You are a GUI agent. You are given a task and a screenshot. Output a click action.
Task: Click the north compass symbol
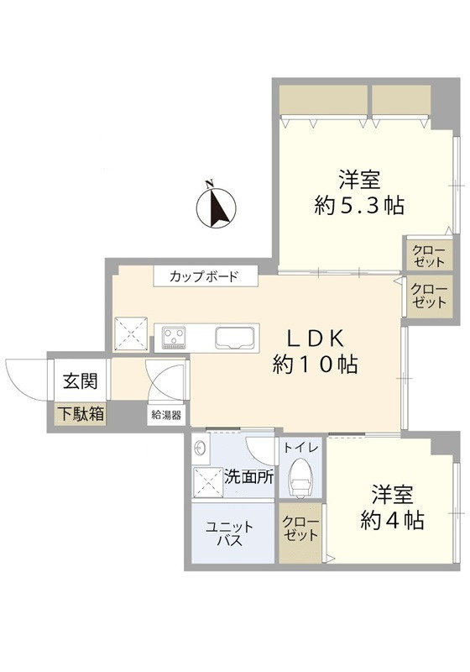216,208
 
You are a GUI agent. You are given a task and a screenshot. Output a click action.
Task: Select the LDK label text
315,339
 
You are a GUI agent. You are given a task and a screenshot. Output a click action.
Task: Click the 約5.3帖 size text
359,205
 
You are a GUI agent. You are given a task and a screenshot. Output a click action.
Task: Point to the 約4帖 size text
392,520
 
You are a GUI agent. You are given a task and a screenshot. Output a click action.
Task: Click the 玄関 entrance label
80,381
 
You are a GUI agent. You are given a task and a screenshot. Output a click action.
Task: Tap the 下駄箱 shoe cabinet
81,414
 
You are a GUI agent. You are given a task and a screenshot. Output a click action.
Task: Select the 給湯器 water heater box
166,414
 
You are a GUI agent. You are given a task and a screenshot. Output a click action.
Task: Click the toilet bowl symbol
300,478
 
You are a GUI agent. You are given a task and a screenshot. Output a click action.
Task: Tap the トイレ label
301,448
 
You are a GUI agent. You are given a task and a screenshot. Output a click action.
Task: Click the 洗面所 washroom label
249,477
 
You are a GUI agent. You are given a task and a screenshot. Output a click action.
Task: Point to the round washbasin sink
200,449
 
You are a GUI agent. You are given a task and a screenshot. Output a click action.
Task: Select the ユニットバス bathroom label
230,533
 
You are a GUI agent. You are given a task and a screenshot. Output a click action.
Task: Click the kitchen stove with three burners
174,338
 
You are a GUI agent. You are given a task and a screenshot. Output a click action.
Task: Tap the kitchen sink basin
235,338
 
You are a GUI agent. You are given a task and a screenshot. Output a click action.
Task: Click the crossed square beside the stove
131,334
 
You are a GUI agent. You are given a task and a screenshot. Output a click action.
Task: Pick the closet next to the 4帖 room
300,533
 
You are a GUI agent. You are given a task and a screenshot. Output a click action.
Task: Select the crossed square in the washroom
208,482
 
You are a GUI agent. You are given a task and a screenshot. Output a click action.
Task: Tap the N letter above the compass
209,185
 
